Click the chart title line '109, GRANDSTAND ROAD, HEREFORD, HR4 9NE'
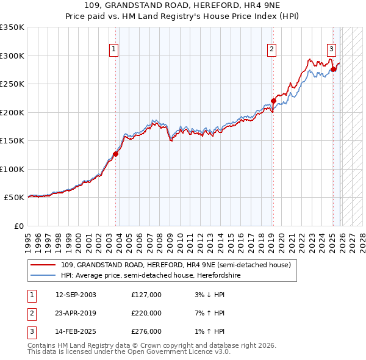[x=182, y=5]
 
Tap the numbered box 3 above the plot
[x=331, y=49]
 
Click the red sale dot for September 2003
[x=115, y=154]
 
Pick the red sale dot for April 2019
[x=273, y=101]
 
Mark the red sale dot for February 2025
[x=333, y=69]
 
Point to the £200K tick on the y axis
[x=13, y=112]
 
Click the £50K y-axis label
[x=15, y=198]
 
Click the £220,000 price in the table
[x=146, y=313]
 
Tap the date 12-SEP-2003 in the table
[x=76, y=295]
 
